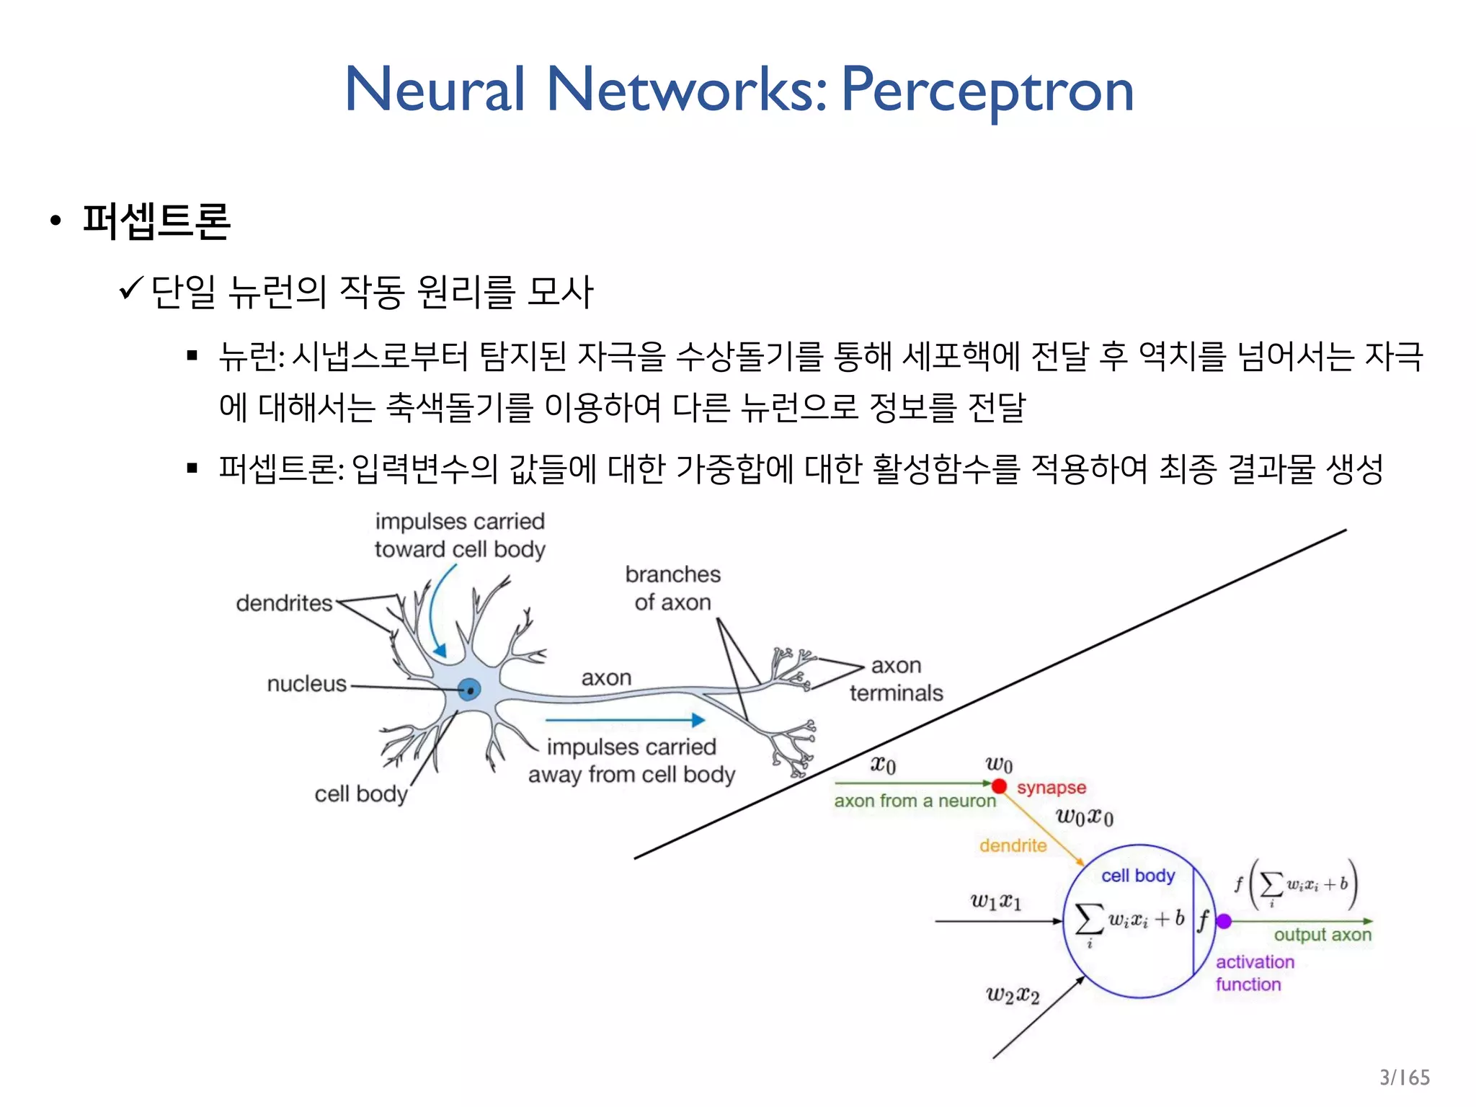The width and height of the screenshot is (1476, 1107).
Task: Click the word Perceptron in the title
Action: click(987, 90)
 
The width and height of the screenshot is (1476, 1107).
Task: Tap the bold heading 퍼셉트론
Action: click(156, 221)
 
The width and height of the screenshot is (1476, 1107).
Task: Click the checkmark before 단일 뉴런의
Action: click(131, 290)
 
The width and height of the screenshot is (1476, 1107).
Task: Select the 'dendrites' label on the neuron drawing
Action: click(284, 603)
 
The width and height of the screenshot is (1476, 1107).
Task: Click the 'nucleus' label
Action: click(306, 683)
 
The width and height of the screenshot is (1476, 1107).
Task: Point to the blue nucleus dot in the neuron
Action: click(470, 690)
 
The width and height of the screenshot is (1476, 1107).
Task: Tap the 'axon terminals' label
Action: click(896, 679)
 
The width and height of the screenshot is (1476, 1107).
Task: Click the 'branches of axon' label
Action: click(672, 588)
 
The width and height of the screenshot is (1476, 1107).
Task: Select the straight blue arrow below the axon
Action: click(625, 719)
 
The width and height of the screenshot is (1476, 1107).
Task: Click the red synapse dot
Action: click(999, 786)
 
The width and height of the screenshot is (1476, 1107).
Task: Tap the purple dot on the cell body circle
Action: click(1223, 921)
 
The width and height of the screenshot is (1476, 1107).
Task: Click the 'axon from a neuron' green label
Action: click(915, 801)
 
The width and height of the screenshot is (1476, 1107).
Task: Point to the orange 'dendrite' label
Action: click(1013, 845)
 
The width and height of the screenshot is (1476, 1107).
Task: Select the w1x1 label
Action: click(995, 901)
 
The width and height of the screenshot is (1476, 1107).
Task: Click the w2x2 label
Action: click(1013, 995)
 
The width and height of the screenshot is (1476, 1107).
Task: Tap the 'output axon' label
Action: click(1322, 935)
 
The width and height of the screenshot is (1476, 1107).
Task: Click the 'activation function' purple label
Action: click(1255, 973)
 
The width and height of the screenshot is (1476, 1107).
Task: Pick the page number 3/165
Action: click(1404, 1077)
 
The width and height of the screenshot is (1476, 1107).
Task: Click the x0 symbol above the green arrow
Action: click(883, 764)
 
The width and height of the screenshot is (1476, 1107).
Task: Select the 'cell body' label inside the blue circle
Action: click(1138, 876)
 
